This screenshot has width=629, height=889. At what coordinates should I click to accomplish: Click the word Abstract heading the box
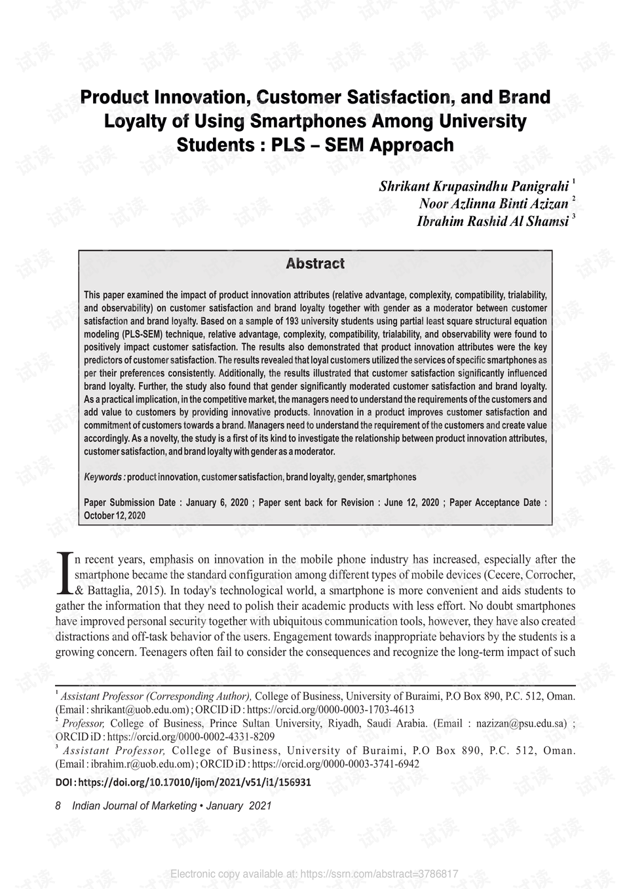pos(315,264)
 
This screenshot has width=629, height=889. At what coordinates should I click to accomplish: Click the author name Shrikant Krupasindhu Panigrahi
pos(474,186)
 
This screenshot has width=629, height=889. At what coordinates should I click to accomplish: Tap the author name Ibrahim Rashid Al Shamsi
pos(492,221)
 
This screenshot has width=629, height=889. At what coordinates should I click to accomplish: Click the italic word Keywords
pos(104,477)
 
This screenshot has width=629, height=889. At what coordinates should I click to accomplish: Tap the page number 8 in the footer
pos(58,806)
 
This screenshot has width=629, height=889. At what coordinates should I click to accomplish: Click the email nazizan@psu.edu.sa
pos(521,724)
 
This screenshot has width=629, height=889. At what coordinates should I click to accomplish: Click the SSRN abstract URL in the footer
pos(379,874)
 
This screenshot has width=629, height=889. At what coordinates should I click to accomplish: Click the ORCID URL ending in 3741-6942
pos(335,764)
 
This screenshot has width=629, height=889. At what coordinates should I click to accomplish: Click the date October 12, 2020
pos(115,516)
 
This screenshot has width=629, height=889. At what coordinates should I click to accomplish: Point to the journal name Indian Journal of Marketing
pos(134,806)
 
